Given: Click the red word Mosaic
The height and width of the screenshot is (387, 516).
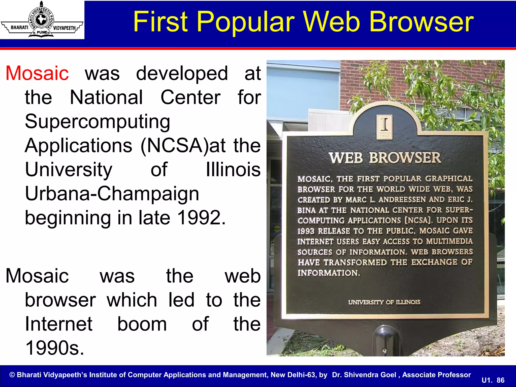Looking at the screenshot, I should [37, 73].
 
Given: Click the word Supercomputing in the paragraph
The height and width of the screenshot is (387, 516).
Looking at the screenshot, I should [98, 122].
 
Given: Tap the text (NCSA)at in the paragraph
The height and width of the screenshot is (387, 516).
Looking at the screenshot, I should [183, 146].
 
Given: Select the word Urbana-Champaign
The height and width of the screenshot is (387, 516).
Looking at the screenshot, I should [112, 194].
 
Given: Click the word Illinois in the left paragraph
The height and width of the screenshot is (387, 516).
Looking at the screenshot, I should [233, 170].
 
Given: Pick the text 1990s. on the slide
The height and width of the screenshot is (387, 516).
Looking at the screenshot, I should [55, 348].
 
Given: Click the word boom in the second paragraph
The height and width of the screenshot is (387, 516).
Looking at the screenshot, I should [142, 324].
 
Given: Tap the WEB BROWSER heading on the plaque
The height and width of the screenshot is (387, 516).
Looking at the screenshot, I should [385, 158].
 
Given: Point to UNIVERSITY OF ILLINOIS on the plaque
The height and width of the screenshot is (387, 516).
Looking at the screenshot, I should [384, 302].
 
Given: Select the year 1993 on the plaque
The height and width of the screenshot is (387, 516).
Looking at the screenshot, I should [306, 231].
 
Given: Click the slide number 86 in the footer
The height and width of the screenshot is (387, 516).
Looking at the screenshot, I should [500, 380].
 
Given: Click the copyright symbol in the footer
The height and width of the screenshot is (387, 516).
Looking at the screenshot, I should [12, 375].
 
